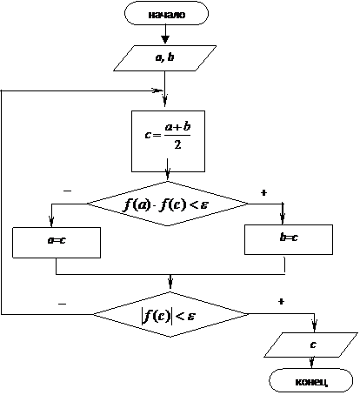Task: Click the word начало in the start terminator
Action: (x=167, y=15)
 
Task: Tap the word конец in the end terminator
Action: (x=311, y=382)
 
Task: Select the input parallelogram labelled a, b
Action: (x=164, y=58)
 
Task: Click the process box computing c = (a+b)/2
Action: (x=168, y=141)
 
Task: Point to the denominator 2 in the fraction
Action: (x=177, y=144)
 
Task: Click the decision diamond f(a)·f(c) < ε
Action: (x=168, y=204)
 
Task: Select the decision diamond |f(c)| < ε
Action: (x=170, y=314)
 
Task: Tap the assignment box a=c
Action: (x=57, y=243)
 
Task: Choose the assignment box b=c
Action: (x=289, y=239)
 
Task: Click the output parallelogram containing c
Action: (x=310, y=345)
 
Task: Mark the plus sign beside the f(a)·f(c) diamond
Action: (x=263, y=192)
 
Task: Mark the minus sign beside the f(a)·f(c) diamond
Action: (x=67, y=191)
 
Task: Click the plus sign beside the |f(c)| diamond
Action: (x=281, y=302)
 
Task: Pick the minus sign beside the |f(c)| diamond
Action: (x=63, y=304)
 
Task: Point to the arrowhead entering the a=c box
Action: (x=51, y=222)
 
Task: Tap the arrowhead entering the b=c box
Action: (x=283, y=219)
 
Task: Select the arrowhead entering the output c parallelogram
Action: (x=315, y=326)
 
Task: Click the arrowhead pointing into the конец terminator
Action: (x=311, y=364)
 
